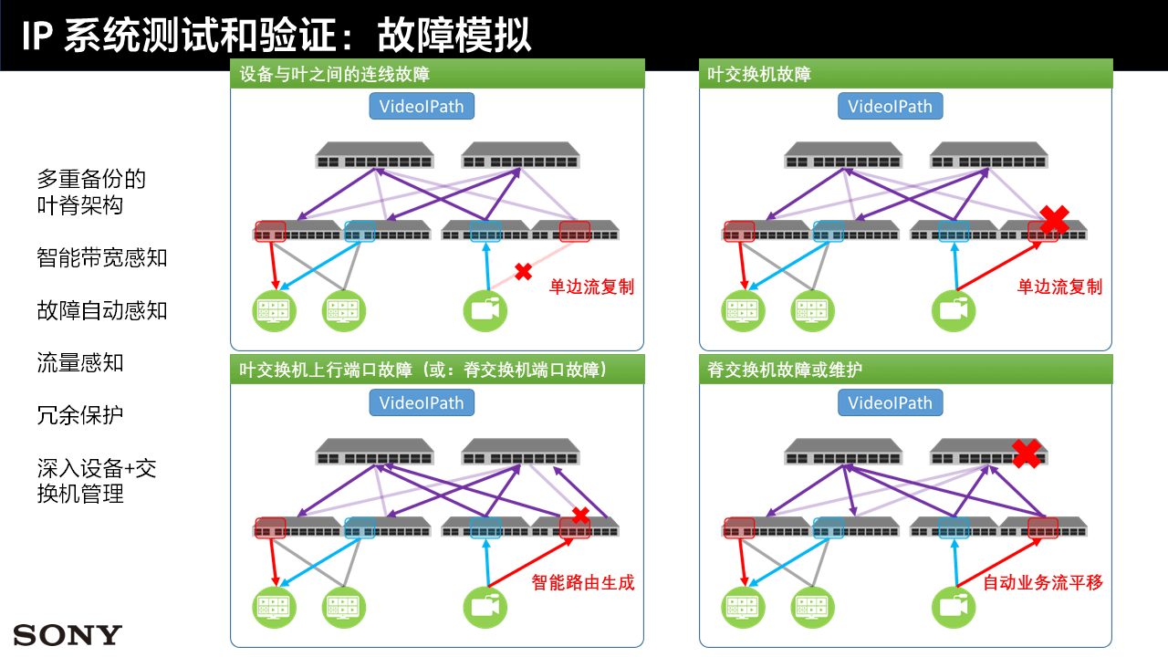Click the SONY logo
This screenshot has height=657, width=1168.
pos(68,634)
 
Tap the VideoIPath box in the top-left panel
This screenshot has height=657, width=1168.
pos(422,107)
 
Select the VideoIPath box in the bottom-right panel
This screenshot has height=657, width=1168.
pos(890,402)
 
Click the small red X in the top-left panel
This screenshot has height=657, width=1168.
pos(523,272)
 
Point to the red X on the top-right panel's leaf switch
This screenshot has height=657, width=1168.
pos(1054,219)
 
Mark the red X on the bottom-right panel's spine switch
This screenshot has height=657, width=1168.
pos(1027,454)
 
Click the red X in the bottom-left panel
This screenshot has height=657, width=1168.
pos(580,516)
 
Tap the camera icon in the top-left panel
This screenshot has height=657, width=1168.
pos(485,311)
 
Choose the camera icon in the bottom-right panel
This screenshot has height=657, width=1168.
pos(954,607)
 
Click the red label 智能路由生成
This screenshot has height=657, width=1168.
pos(583,582)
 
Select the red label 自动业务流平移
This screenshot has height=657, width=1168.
pos(1043,582)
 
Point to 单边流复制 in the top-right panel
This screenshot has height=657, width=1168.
pos(1060,287)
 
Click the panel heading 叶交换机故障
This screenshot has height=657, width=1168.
pos(759,74)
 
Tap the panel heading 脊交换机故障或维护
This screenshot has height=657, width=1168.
pos(785,370)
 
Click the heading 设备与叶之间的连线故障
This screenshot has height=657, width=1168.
pos(334,74)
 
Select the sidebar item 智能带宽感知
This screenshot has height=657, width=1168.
pos(102,257)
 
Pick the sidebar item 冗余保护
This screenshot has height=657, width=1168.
pos(79,415)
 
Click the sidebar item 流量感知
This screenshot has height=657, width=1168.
pos(79,362)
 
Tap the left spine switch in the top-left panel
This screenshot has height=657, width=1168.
pos(374,155)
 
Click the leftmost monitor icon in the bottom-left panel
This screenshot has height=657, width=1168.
pos(275,607)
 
